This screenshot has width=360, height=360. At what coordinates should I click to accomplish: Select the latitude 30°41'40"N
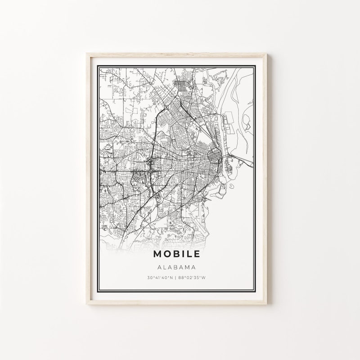point(159,278)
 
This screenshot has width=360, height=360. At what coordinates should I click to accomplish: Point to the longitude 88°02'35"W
point(192,278)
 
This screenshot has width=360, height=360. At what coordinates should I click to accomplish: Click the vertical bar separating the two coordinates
point(176,278)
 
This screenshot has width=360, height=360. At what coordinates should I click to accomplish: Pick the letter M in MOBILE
point(157,254)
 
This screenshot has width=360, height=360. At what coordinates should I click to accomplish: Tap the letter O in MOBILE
point(167,254)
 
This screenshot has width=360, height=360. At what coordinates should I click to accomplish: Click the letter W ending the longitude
point(203,278)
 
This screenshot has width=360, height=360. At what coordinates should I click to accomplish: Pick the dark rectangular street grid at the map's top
point(184,85)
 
